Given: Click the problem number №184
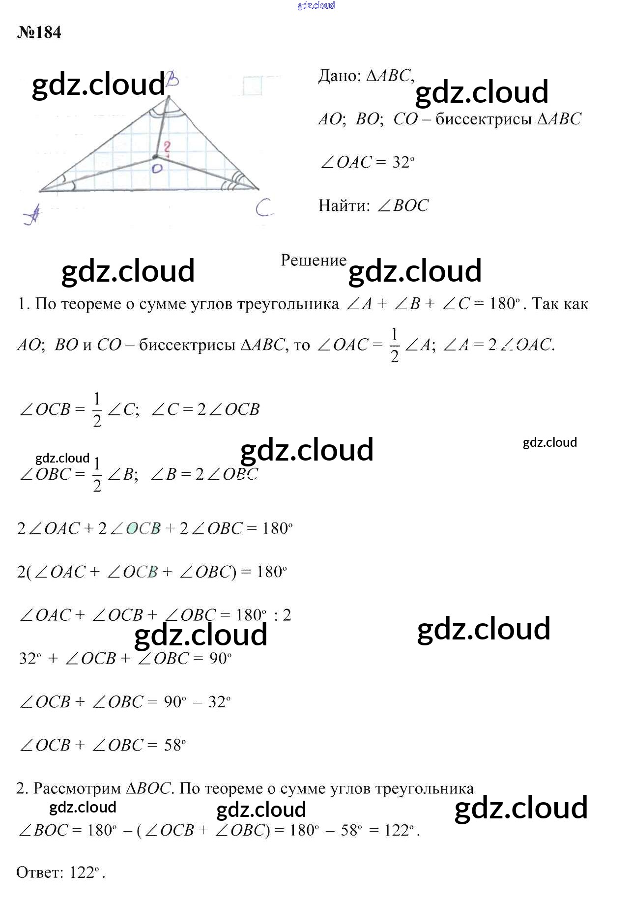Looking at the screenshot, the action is point(39,32).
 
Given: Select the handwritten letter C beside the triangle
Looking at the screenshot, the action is point(264,208).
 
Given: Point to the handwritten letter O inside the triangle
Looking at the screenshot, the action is point(157,168).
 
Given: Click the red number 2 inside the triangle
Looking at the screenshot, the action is point(168,147).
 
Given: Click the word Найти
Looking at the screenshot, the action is point(344,205).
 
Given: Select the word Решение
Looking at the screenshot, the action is point(314,261).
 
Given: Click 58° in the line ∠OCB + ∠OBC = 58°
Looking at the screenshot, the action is point(174,745).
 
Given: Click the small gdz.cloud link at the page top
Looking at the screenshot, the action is point(316,5).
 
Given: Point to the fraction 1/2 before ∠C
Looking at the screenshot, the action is point(97,409).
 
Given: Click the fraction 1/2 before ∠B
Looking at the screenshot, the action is point(97,474).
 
